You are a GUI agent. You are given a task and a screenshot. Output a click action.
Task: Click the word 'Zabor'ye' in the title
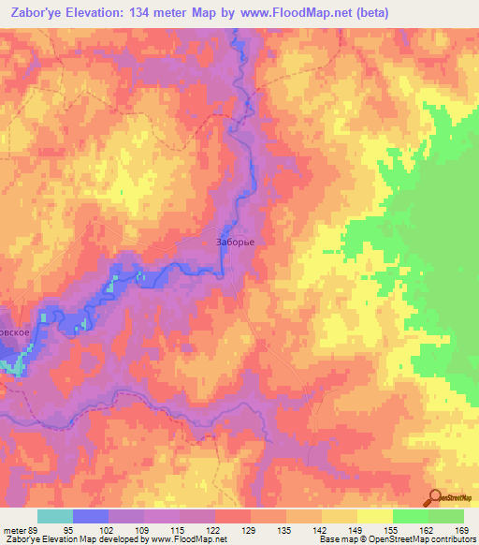[x=35, y=12]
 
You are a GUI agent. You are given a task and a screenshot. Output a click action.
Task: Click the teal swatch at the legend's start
[x=55, y=516]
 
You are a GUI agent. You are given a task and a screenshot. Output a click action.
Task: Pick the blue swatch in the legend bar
[x=91, y=516]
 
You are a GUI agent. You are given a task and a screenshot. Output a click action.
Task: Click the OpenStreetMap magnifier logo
[x=435, y=498]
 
